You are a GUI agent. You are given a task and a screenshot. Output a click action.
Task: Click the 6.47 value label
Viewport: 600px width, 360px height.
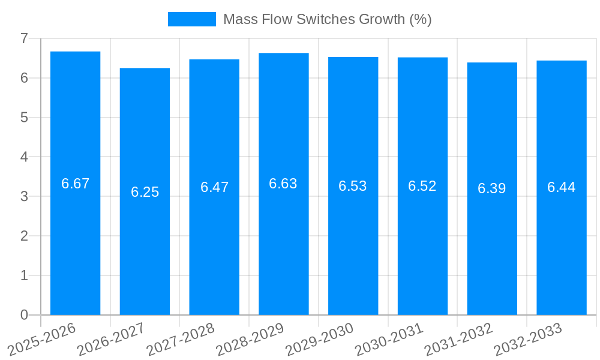(x=214, y=187)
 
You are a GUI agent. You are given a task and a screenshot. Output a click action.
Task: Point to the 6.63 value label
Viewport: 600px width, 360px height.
(x=283, y=184)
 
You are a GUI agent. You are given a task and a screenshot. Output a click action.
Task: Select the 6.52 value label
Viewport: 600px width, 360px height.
(x=422, y=186)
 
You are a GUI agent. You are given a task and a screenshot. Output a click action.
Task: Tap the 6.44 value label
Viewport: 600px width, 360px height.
(x=561, y=187)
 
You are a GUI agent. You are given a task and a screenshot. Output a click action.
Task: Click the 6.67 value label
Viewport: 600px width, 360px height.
(x=75, y=184)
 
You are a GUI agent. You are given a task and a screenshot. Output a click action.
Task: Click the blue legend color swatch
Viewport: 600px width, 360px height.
(x=191, y=19)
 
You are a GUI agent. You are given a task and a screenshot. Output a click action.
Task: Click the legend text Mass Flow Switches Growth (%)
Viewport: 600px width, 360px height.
(x=327, y=19)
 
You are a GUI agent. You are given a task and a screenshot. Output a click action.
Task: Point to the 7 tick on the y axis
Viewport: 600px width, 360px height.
(x=24, y=38)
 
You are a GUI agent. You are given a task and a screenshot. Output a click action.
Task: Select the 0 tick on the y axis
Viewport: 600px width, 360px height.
(x=24, y=315)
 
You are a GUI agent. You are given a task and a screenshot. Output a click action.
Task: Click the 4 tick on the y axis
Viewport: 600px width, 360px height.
(x=24, y=157)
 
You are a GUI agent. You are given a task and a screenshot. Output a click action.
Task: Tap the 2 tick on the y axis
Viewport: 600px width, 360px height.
(x=24, y=236)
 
